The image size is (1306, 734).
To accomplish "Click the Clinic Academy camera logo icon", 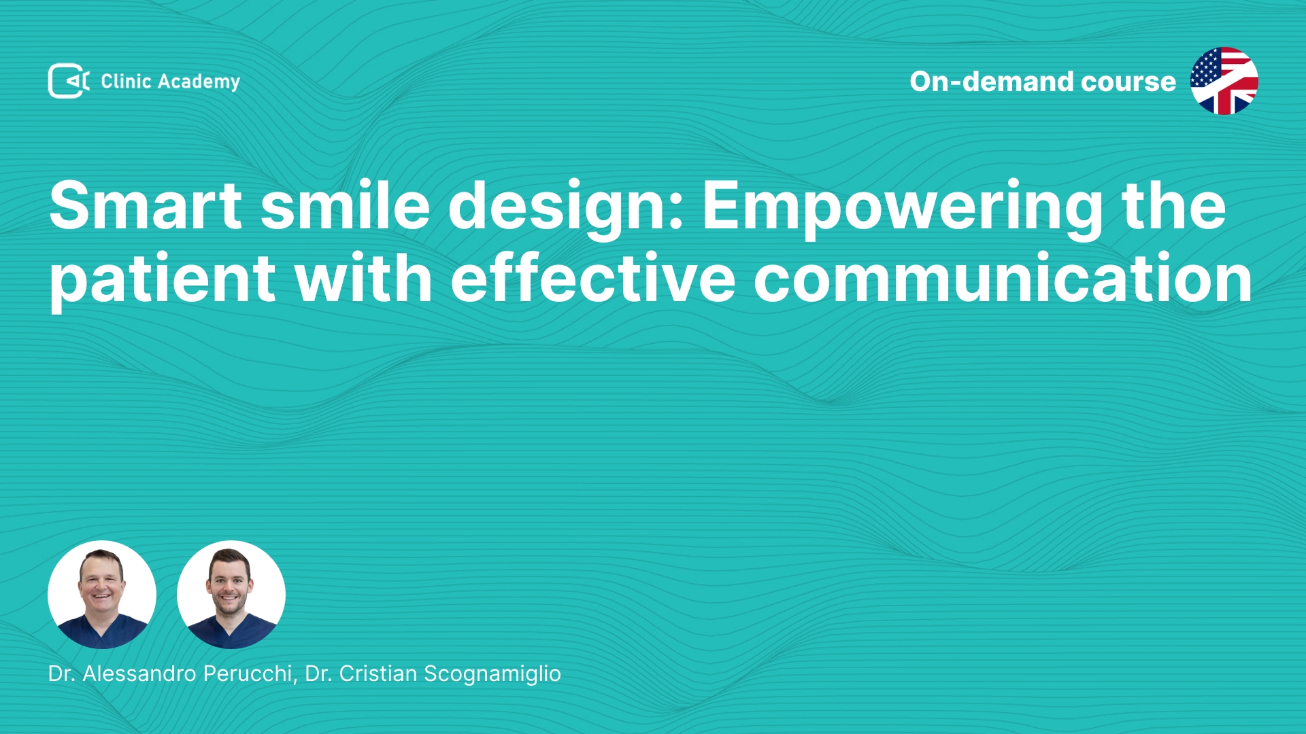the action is (69, 81).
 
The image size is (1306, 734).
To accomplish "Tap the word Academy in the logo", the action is (199, 82).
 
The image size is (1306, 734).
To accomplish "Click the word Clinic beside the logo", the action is (126, 81).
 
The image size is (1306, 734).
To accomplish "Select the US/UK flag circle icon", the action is (1224, 81).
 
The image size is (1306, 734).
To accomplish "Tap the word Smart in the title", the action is (146, 205).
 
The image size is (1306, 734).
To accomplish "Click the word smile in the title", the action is (346, 205).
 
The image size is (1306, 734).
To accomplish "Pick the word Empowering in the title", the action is (903, 209).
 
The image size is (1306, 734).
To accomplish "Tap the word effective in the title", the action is (593, 277).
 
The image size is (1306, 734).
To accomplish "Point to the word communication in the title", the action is (1003, 277).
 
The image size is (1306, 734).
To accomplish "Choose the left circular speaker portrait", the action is (102, 595).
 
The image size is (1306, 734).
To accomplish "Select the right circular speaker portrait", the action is (231, 595).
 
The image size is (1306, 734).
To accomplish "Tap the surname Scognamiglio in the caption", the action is (492, 674).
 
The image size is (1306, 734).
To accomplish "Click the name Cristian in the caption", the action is (378, 674).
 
